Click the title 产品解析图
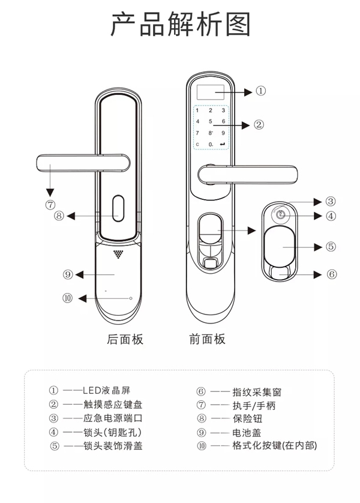(180, 25)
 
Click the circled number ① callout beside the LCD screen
(260, 91)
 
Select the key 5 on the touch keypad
(210, 121)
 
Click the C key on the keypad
(197, 144)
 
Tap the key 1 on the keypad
(197, 110)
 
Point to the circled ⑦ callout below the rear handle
(50, 204)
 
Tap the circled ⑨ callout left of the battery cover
(67, 274)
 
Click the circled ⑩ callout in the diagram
(67, 298)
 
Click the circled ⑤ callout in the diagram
(331, 246)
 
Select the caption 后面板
(125, 340)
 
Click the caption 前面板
(207, 340)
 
